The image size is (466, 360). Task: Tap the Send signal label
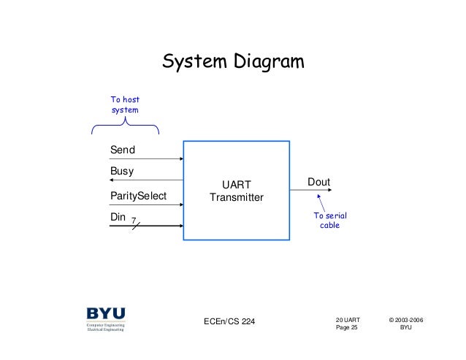click(123, 150)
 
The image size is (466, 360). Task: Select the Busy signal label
click(122, 172)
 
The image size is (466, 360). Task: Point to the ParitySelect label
click(138, 196)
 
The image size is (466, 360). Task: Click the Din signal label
click(118, 218)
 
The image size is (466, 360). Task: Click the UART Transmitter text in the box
click(236, 191)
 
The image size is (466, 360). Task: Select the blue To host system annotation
click(124, 104)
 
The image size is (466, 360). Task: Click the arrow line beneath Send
click(146, 158)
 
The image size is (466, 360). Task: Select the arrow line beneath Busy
click(146, 180)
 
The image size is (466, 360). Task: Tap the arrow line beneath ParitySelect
click(146, 205)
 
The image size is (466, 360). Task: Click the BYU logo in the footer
click(106, 319)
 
